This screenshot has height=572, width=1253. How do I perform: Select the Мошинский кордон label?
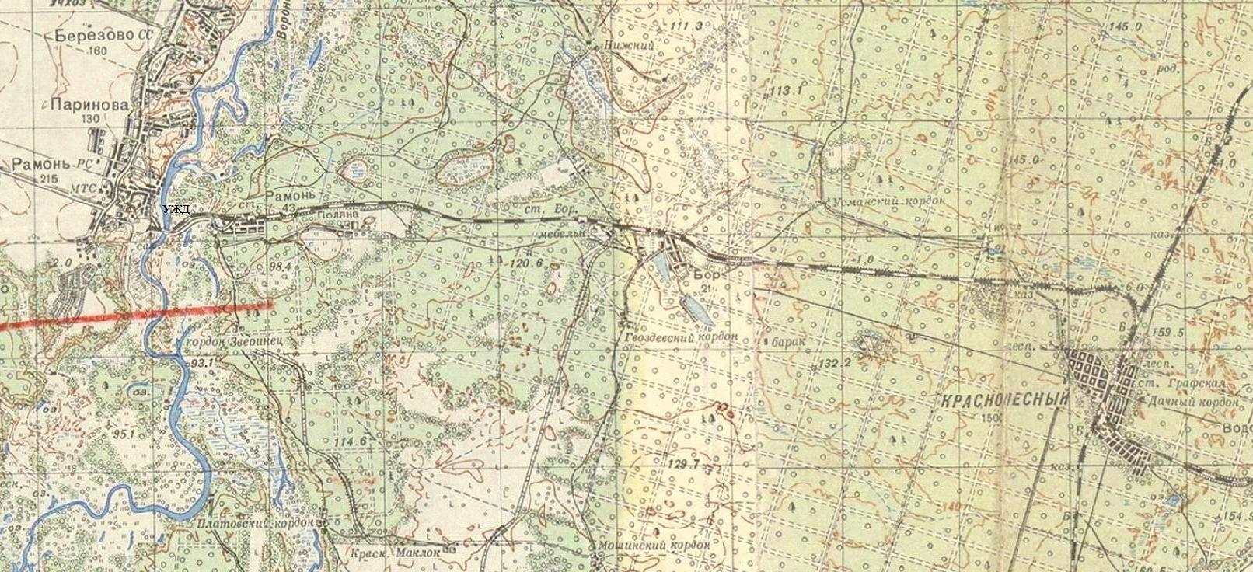click(654, 546)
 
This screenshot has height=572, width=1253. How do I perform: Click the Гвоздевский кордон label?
click(675, 340)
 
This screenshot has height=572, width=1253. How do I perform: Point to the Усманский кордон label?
click(888, 201)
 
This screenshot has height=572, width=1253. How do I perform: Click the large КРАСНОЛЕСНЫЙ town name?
click(1005, 399)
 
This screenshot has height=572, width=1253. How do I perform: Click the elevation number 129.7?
click(683, 464)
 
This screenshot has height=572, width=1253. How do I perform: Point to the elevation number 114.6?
click(349, 441)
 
